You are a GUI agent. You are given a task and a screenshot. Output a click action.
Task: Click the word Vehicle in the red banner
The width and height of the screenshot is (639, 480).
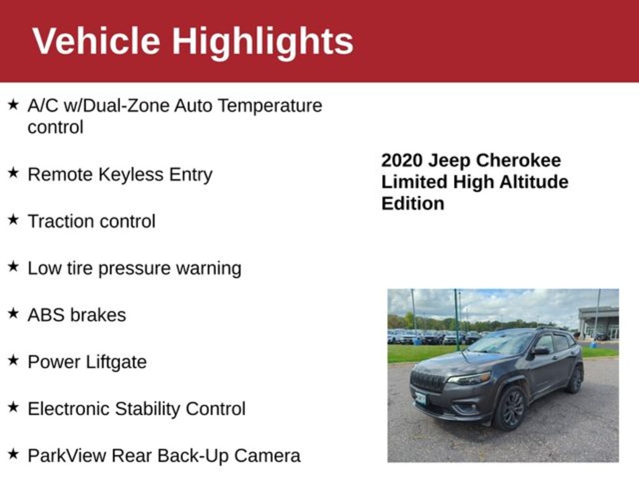point(96,41)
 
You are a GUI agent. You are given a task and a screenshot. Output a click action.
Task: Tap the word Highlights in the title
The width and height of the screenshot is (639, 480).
point(263,43)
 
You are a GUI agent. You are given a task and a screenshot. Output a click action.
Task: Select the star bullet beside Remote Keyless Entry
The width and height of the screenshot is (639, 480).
point(14,172)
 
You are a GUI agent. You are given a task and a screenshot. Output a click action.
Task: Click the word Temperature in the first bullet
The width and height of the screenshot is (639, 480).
point(270,106)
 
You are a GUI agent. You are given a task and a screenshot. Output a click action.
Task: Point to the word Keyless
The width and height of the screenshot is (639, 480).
point(131,175)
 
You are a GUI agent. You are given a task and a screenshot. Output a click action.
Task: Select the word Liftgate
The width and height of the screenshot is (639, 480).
point(116,362)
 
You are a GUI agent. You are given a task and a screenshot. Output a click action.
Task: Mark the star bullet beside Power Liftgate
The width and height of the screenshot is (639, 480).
point(14,361)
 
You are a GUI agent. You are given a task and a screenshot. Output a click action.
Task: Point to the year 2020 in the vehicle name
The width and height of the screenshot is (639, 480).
point(402,161)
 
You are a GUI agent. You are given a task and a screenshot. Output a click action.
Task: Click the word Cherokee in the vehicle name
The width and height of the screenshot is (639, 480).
point(519,161)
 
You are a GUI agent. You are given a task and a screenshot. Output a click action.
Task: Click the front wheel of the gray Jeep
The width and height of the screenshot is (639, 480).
point(510,408)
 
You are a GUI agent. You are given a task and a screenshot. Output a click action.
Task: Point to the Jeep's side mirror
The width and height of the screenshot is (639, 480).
point(542,350)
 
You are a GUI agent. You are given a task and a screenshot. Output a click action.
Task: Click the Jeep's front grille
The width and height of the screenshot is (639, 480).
point(428,382)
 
